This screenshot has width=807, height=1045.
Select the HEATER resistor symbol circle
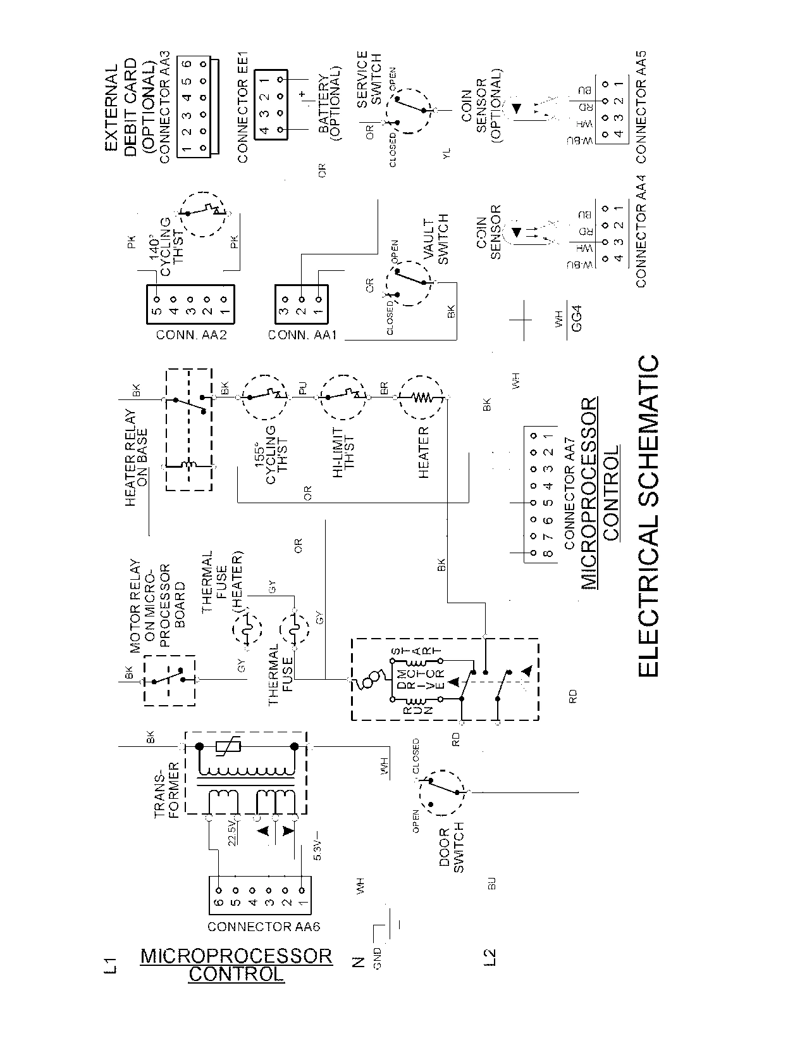click(x=422, y=398)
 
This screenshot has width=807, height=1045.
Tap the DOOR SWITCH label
click(x=452, y=847)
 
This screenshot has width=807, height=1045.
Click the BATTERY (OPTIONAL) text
click(x=328, y=104)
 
